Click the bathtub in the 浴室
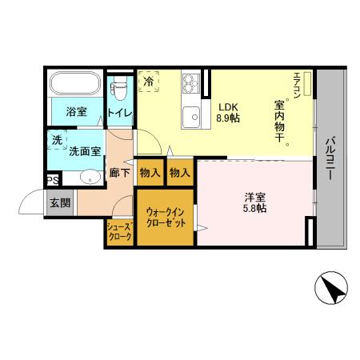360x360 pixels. pyautogui.click(x=73, y=84)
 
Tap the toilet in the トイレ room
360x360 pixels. pyautogui.click(x=118, y=86)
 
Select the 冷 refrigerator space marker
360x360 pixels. pyautogui.click(x=149, y=81)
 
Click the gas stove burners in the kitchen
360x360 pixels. pyautogui.click(x=192, y=82)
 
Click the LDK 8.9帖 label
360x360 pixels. pyautogui.click(x=229, y=111)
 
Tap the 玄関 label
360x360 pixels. pyautogui.click(x=60, y=202)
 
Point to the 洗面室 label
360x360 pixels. pyautogui.click(x=84, y=150)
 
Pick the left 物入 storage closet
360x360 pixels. pyautogui.click(x=150, y=172)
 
